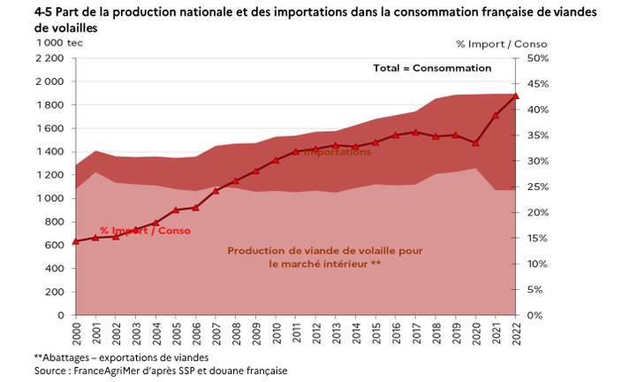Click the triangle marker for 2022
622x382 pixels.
click(515, 95)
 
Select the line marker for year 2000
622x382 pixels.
click(76, 241)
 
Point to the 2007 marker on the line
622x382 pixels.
click(216, 190)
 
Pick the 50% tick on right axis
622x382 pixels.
click(537, 58)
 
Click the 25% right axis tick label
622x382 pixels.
click(537, 187)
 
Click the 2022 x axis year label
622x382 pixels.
click(515, 333)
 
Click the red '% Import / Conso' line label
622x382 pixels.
click(145, 230)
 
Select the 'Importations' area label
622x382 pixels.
click(338, 152)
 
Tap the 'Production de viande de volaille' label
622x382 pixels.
click(325, 250)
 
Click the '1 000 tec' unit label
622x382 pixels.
click(60, 43)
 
